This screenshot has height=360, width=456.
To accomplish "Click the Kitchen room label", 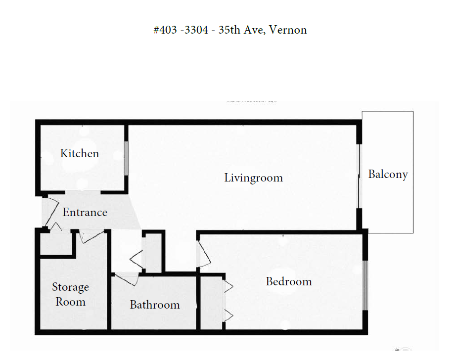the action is [80, 153].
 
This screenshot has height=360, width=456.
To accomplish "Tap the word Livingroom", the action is [253, 178].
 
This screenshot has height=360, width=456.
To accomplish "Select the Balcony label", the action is [388, 175].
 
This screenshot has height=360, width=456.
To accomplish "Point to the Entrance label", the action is [85, 212].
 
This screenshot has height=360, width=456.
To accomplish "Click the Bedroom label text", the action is [289, 281].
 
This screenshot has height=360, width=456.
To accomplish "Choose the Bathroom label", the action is [155, 305].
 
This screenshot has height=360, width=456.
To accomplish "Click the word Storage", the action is [70, 287].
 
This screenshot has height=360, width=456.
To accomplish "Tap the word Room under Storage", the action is [70, 302].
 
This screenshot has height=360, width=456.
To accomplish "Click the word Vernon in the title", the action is [288, 30].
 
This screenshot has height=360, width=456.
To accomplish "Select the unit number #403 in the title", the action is [165, 30].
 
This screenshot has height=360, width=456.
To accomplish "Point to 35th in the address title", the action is [229, 30].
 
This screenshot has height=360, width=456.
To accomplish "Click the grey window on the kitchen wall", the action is [126, 158].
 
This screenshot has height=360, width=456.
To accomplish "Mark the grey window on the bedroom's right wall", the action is [365, 285].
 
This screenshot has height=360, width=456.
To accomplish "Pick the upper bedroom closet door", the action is [228, 286].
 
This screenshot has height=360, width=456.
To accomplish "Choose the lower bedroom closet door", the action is [228, 315].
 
